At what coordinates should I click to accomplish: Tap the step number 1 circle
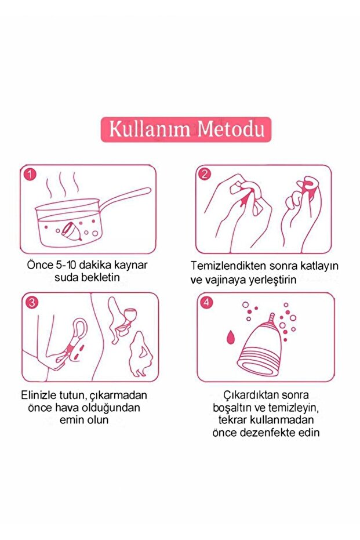coord(31,174)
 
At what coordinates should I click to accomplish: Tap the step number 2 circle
coord(205,174)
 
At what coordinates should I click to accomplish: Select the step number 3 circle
coord(31,302)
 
